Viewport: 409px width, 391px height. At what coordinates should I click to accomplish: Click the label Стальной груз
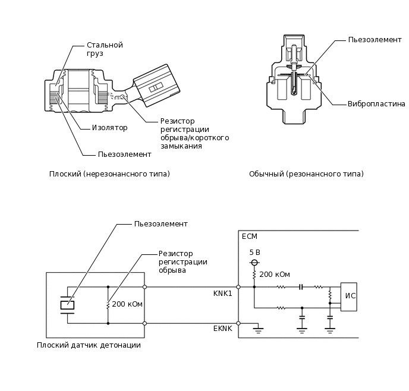pos(104,49)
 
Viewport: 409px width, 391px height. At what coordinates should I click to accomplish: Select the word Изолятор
pos(109,127)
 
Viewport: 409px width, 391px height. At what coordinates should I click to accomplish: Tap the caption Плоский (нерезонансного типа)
pos(109,174)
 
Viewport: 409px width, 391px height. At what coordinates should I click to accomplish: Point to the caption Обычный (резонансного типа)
pos(306,174)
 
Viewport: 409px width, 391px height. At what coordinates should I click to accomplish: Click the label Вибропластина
pos(376,103)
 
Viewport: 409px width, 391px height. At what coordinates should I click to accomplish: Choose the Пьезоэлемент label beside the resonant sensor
pos(375,40)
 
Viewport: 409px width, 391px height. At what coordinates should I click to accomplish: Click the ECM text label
pos(250,236)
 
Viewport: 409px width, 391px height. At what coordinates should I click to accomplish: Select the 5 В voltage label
pos(254,252)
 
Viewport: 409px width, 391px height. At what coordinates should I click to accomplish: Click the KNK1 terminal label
pos(222,294)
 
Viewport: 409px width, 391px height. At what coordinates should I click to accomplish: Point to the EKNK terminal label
pos(222,328)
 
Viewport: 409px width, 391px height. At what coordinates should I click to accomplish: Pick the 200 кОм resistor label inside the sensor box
pos(127,304)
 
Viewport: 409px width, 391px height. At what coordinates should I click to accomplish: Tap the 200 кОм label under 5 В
pos(275,274)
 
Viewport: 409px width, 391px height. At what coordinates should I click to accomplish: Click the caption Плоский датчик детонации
pos(89,345)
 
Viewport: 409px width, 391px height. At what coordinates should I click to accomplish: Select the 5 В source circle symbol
pos(254,262)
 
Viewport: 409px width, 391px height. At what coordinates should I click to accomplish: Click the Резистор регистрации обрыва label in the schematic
pos(183,261)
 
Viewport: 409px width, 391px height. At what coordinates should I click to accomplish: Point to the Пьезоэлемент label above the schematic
pos(161,224)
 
